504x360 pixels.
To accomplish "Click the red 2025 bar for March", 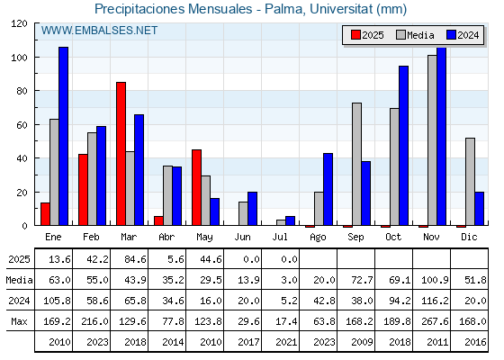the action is pos(121,154).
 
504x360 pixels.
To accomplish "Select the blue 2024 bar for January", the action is pos(63,136).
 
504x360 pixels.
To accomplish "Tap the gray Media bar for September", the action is pos(356,164).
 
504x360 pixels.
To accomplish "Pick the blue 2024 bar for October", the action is pos(404,146).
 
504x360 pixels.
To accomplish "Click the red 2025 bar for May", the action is pos(197,187).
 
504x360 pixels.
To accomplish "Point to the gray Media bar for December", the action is pos(470,182).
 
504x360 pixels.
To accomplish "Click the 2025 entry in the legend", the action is pos(367,35).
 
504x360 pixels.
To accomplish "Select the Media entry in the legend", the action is pos(415,35).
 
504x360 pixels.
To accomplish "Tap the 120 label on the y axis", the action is pos(19,23).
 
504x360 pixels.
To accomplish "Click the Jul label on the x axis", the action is pos(280,237).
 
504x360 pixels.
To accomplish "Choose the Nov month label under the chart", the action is pos(431,237).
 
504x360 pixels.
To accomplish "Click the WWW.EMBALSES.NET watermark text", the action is pos(99,31).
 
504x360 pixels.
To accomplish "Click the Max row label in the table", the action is pos(19,321).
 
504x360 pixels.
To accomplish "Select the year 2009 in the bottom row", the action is pos(362,342).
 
